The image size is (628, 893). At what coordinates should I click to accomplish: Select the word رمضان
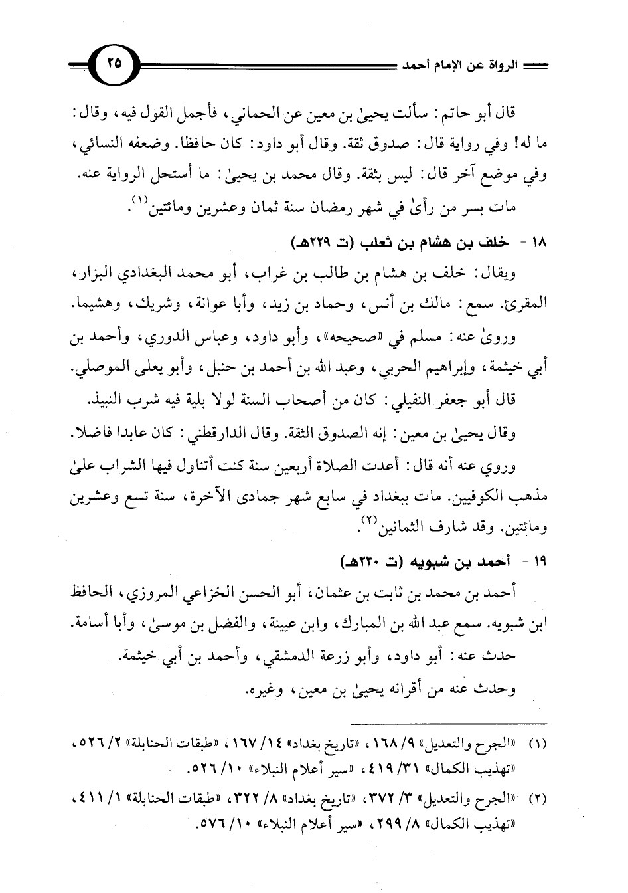click(318, 210)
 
